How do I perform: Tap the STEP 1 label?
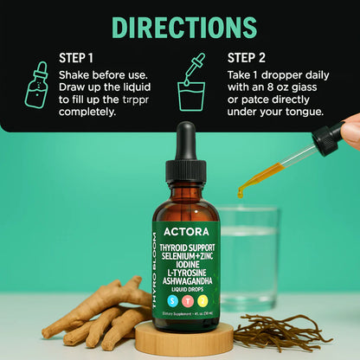pyautogui.click(x=77, y=58)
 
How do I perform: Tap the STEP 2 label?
pyautogui.click(x=246, y=58)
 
